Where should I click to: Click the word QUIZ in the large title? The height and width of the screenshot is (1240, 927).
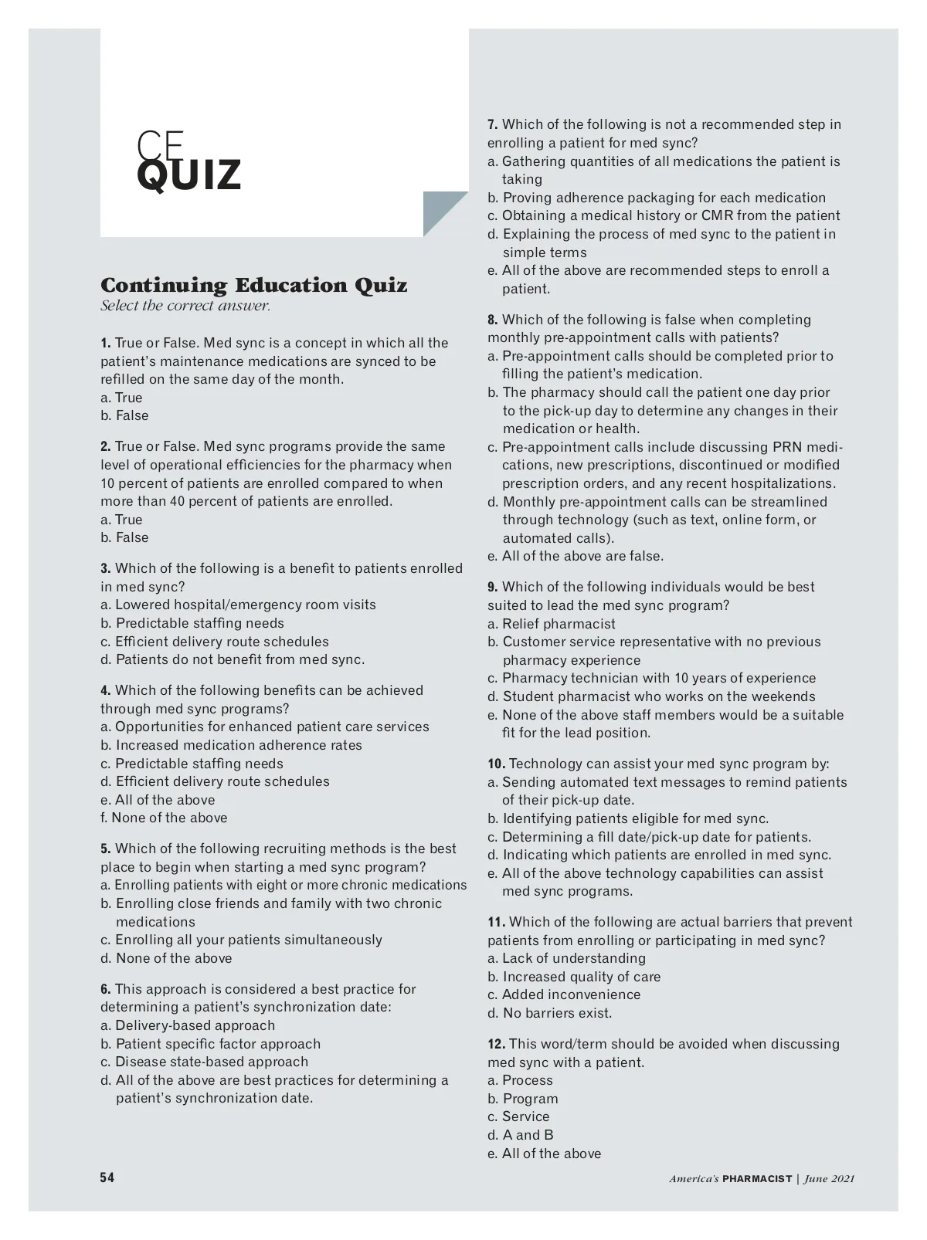pos(189,175)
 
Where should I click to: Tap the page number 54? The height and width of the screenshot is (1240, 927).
pos(107,1177)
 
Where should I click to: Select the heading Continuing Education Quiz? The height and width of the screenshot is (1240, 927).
pos(253,286)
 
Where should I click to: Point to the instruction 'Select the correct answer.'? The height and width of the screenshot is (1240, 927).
pos(185,306)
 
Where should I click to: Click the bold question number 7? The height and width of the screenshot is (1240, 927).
pos(493,125)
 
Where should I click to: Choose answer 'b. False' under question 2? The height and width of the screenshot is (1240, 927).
pos(124,537)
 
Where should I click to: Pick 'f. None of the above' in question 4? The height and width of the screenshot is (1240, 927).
pos(164,818)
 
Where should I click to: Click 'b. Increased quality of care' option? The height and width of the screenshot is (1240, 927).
pos(574,977)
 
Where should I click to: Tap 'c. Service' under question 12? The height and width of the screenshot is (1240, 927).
pos(518,1116)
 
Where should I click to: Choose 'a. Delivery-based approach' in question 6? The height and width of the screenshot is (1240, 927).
pos(188,1025)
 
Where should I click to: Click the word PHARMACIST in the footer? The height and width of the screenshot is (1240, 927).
pos(757,1179)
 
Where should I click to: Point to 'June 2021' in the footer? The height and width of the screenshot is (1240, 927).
pos(829,1179)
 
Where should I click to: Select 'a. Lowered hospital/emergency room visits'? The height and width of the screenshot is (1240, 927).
pos(238,605)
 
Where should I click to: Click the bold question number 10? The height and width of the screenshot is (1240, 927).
pos(496,764)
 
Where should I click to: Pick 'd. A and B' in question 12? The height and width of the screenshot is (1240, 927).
pos(521,1135)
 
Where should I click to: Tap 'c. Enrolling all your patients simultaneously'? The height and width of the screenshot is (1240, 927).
pos(241,940)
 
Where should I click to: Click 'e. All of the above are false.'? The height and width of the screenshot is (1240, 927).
pos(576,556)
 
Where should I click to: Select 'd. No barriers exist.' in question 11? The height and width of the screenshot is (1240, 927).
pos(549,1013)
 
